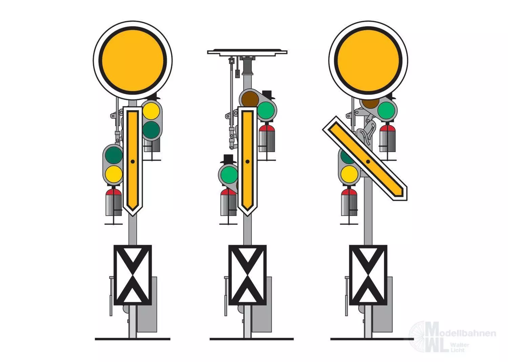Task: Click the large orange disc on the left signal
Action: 133,60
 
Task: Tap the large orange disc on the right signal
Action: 368,60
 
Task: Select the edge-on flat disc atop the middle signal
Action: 247,52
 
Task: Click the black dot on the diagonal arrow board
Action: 368,162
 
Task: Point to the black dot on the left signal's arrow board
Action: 133,162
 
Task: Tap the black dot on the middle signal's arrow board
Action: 248,162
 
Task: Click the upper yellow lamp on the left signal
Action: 151,111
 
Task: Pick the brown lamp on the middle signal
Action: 250,99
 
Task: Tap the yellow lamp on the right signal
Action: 349,174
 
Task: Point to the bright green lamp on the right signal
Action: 386,110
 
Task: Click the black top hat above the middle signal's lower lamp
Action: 228,159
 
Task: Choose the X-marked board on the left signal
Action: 133,275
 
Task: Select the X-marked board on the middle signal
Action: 248,275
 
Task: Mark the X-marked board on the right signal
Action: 368,275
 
